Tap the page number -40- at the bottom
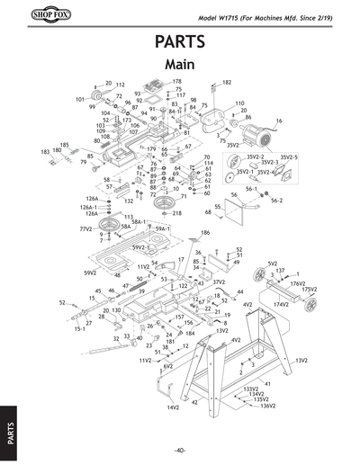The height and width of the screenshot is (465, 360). (180, 450)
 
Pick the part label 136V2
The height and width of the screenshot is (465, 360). (266, 406)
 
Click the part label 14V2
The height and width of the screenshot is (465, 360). (173, 407)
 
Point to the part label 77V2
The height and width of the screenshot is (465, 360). (86, 229)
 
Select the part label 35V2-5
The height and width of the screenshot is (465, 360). (288, 157)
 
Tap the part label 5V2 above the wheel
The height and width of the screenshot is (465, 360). (272, 264)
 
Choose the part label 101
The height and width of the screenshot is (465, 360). (79, 99)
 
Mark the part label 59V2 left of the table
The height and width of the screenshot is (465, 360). (90, 272)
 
